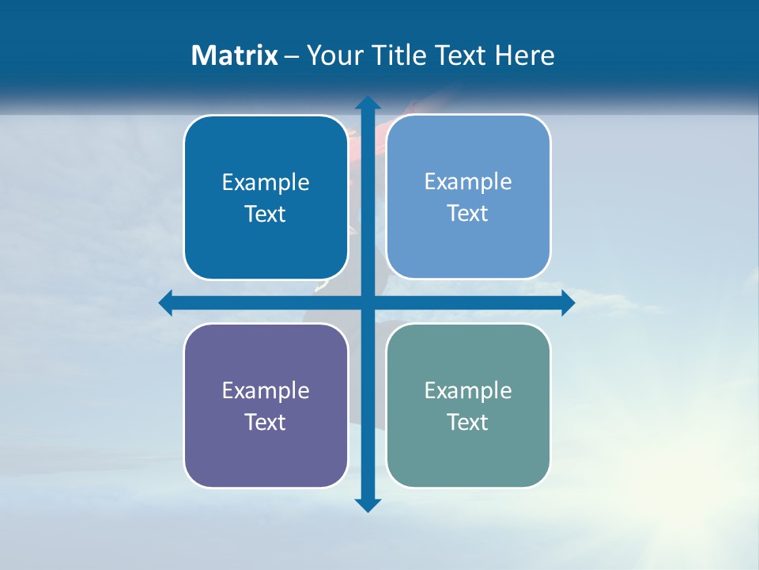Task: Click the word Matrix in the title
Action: pyautogui.click(x=235, y=55)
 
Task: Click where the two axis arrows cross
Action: pyautogui.click(x=368, y=302)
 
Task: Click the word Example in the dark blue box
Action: pyautogui.click(x=266, y=183)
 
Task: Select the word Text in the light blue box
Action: pyautogui.click(x=468, y=213)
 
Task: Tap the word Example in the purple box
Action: pyautogui.click(x=266, y=390)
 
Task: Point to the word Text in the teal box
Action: pyautogui.click(x=468, y=422)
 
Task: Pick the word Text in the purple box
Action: pyautogui.click(x=266, y=422)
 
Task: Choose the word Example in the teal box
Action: pyautogui.click(x=468, y=390)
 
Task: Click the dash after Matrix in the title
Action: pyautogui.click(x=292, y=56)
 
